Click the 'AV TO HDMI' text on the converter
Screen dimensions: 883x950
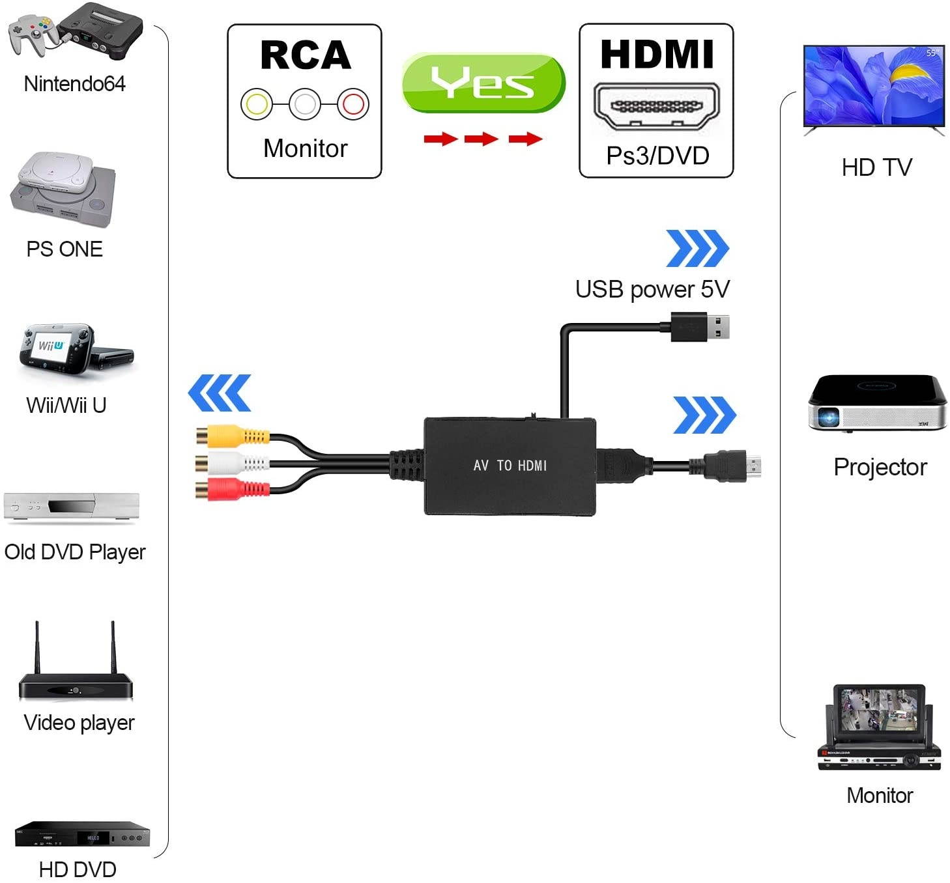click(510, 466)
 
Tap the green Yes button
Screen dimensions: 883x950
click(483, 83)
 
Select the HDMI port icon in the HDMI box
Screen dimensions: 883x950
click(656, 106)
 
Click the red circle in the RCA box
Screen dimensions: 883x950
click(353, 104)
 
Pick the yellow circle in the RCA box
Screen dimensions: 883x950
click(257, 104)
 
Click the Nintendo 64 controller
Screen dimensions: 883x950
click(29, 33)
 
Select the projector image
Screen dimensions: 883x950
click(877, 404)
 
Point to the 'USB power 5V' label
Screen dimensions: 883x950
click(652, 289)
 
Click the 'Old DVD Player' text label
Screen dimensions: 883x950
click(75, 552)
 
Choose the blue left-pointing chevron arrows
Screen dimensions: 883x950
click(220, 393)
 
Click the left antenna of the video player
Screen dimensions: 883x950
click(37, 648)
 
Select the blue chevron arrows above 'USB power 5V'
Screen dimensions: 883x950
click(697, 248)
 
